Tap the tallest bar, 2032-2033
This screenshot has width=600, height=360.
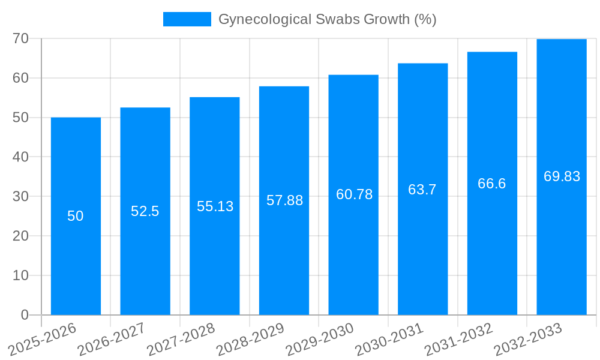coord(562,240)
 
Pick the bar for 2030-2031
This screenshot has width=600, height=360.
coord(422,252)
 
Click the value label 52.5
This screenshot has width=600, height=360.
coord(145,211)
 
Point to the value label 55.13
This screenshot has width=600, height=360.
coord(215,206)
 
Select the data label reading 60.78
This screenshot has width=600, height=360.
coord(354,194)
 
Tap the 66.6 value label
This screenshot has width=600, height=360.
coord(492,184)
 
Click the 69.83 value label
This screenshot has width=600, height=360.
coord(562,176)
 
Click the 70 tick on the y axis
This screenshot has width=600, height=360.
coord(21,38)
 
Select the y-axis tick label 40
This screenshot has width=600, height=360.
coord(21,157)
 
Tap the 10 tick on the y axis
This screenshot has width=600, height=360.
coord(21,275)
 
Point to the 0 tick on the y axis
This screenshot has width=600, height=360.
coord(25,315)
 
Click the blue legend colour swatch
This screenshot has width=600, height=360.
coord(187,19)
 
